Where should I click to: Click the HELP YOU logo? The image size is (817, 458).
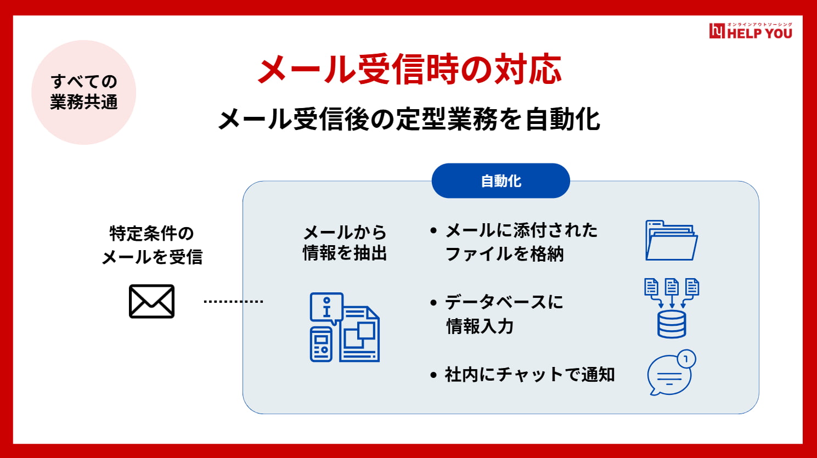click(751, 31)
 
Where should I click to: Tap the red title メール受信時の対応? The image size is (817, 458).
click(409, 69)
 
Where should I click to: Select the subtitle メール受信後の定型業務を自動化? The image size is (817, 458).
click(409, 119)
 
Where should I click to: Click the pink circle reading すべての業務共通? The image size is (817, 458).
click(84, 92)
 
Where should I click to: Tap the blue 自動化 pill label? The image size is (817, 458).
click(501, 181)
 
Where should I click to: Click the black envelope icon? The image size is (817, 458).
click(152, 302)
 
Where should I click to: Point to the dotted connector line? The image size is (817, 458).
click(233, 302)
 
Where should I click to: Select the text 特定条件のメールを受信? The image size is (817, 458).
click(152, 245)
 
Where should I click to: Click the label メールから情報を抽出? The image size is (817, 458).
click(345, 243)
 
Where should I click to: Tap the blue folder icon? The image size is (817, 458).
click(672, 240)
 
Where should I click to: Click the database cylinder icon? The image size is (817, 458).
click(672, 324)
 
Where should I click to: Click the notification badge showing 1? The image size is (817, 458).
click(686, 359)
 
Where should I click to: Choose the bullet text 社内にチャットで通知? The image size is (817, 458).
click(529, 375)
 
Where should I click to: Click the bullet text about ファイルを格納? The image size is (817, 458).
click(521, 242)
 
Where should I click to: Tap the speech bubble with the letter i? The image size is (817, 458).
click(326, 308)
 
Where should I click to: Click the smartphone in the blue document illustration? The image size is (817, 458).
click(321, 344)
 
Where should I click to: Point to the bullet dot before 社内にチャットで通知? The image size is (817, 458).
click(433, 375)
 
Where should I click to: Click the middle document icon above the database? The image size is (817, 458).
click(672, 287)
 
